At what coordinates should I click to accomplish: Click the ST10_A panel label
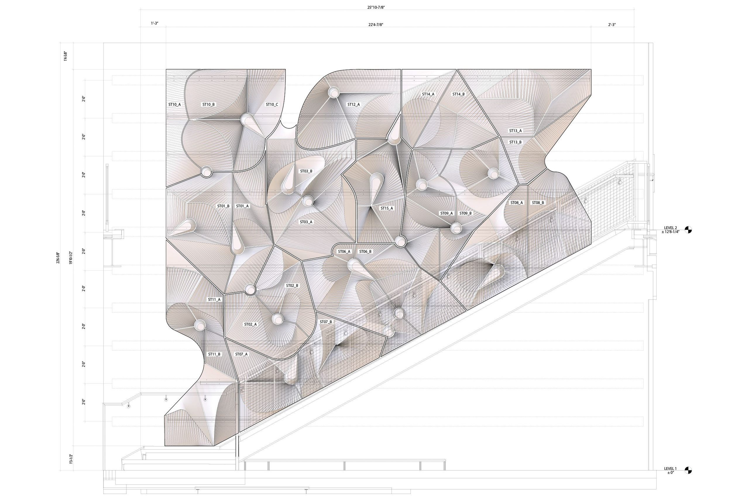pyautogui.click(x=174, y=104)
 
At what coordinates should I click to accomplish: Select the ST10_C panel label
pyautogui.click(x=272, y=104)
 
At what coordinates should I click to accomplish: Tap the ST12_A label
pyautogui.click(x=353, y=104)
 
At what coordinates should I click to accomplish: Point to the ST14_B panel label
pyautogui.click(x=458, y=94)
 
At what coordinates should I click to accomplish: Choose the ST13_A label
pyautogui.click(x=515, y=131)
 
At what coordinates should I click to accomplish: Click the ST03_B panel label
pyautogui.click(x=306, y=171)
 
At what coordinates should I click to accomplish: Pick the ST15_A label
pyautogui.click(x=387, y=208)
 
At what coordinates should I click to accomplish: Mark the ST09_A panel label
pyautogui.click(x=446, y=213)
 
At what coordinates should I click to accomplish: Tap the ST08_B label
pyautogui.click(x=538, y=203)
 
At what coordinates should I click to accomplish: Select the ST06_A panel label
pyautogui.click(x=344, y=251)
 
